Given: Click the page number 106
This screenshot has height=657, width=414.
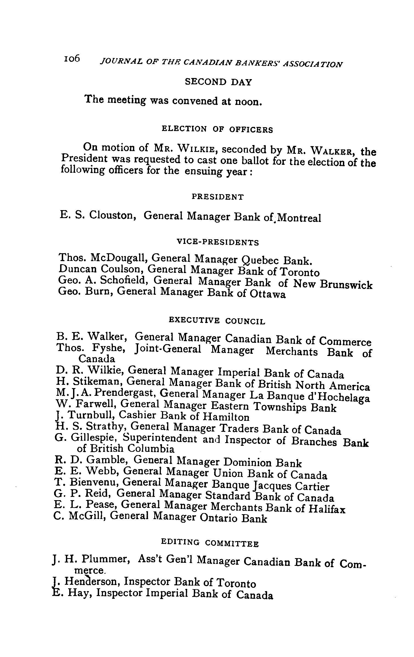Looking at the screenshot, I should coord(72,59).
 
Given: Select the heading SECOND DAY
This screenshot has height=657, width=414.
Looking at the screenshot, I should coord(218,82).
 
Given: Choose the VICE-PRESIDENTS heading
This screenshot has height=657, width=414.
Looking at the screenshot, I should coord(218,242).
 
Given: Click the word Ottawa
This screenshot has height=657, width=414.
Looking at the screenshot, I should coord(267,294).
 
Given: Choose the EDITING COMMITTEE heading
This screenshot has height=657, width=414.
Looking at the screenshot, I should coord(210,543).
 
